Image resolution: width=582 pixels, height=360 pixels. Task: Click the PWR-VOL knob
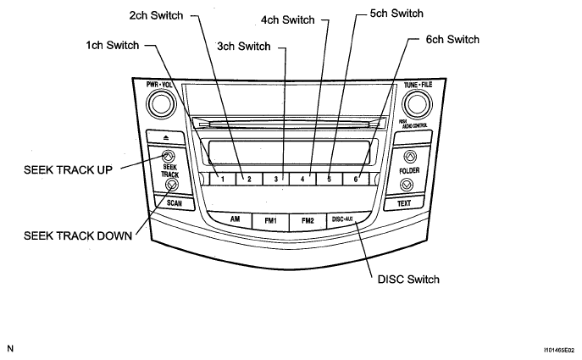[158, 104]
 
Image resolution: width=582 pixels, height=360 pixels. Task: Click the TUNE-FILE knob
[416, 104]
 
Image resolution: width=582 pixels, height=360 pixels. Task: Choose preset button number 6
[357, 179]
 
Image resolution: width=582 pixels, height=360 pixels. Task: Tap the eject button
[166, 136]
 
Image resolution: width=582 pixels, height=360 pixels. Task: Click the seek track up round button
[168, 157]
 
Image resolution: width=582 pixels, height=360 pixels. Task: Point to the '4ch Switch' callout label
[287, 19]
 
